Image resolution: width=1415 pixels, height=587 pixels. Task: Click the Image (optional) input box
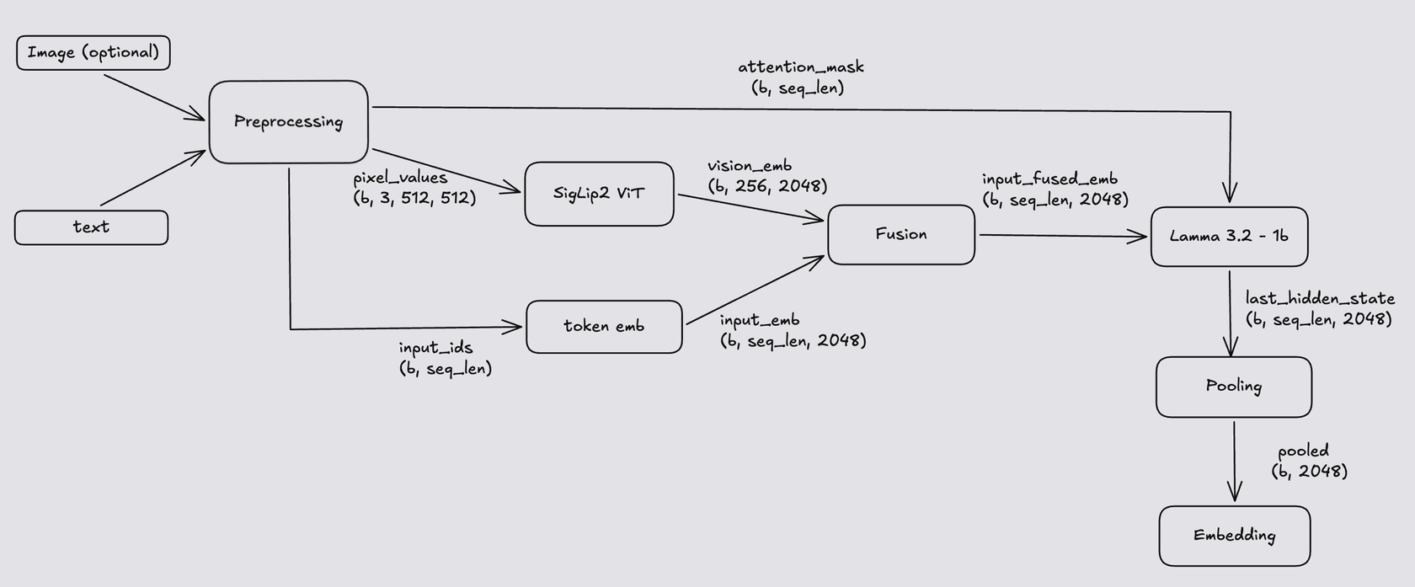pyautogui.click(x=93, y=53)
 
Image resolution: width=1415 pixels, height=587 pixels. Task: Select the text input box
pyautogui.click(x=91, y=227)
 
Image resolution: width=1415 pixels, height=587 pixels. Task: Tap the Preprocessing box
pyautogui.click(x=288, y=122)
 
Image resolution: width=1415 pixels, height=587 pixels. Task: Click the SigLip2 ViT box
pyautogui.click(x=599, y=194)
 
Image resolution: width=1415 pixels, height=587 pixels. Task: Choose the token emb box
pyautogui.click(x=604, y=327)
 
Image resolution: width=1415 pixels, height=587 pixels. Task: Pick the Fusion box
pyautogui.click(x=901, y=234)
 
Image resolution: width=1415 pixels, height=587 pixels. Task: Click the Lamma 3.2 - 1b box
pyautogui.click(x=1229, y=237)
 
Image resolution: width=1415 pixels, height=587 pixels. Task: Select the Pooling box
pyautogui.click(x=1233, y=387)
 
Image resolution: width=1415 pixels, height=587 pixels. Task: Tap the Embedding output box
pyautogui.click(x=1234, y=536)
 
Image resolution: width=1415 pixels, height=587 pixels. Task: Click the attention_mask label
pyautogui.click(x=801, y=67)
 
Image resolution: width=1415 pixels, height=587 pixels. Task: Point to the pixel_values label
pyautogui.click(x=400, y=178)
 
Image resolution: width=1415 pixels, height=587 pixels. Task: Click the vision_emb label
pyautogui.click(x=750, y=166)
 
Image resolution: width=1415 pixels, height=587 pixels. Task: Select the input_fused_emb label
pyautogui.click(x=1049, y=179)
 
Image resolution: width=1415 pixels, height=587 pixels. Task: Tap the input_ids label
pyautogui.click(x=435, y=348)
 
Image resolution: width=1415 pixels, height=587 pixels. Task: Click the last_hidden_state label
pyautogui.click(x=1320, y=298)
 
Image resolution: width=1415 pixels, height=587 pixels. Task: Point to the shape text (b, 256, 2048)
pyautogui.click(x=767, y=186)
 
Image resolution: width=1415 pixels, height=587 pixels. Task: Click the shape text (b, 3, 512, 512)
pyautogui.click(x=414, y=199)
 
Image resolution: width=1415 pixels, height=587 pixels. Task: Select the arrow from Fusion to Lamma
pyautogui.click(x=1061, y=237)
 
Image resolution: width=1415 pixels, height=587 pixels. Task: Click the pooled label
pyautogui.click(x=1303, y=451)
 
